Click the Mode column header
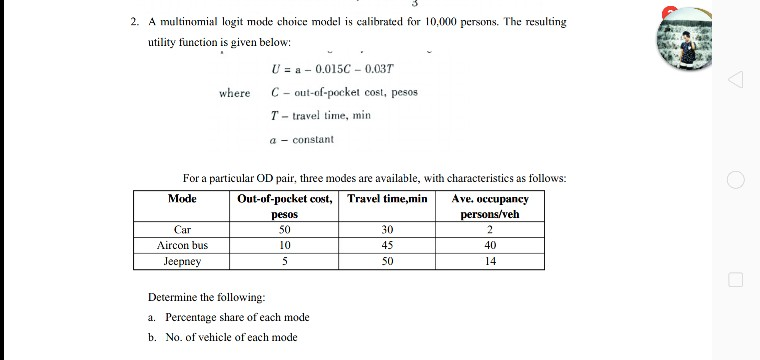click(x=182, y=199)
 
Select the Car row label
click(x=182, y=229)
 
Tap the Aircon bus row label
click(x=182, y=245)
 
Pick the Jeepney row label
click(x=182, y=261)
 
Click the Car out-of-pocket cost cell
click(x=285, y=229)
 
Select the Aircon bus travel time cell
click(x=387, y=245)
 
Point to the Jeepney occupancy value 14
click(x=490, y=261)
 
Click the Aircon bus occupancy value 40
click(x=490, y=245)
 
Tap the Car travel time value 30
click(x=387, y=229)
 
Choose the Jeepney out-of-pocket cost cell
click(x=285, y=261)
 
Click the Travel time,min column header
click(x=387, y=199)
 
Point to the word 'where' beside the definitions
click(x=235, y=93)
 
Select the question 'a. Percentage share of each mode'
click(x=229, y=317)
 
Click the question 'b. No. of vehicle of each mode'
click(x=223, y=337)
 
